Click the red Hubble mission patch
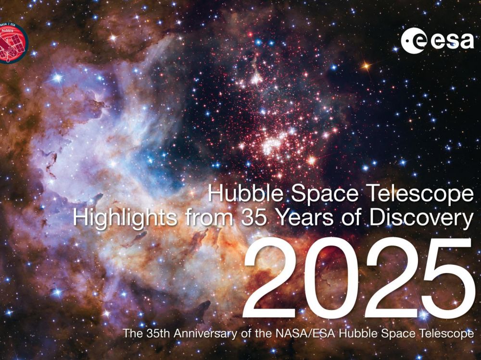pos(13,43)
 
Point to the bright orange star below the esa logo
pos(366,66)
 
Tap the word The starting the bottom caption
pos(133,333)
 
